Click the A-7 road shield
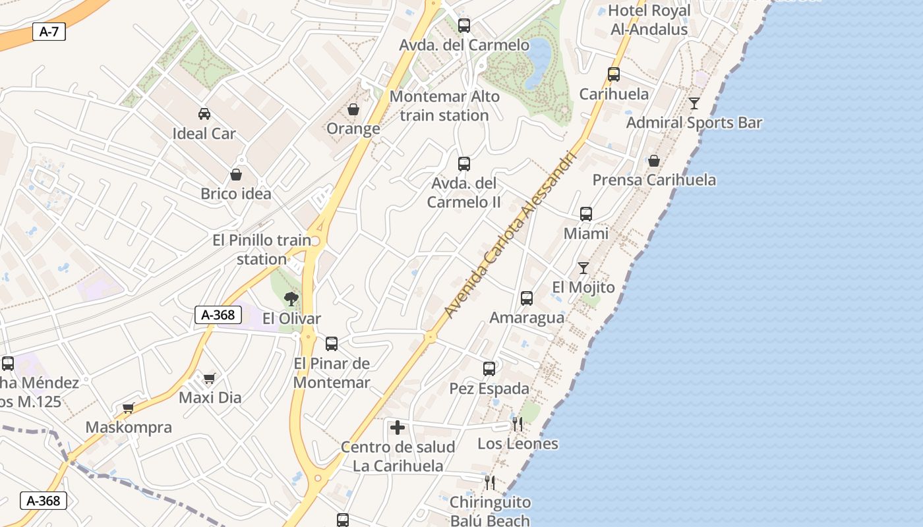coord(49,31)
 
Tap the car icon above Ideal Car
coord(204,113)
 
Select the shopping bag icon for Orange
coord(353,109)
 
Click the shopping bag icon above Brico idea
coord(236,175)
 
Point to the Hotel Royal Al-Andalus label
coord(649,20)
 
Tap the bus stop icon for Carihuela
coord(614,74)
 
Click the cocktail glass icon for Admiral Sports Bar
coord(694,103)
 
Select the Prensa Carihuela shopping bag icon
coord(654,161)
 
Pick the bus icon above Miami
coord(586,214)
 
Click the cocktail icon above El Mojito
coord(583,268)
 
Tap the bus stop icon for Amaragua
coord(527,298)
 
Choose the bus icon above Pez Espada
coord(489,369)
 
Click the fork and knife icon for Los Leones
coord(518,424)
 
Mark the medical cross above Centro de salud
coord(398,428)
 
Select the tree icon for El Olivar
coord(291,300)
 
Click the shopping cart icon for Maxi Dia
coord(210,378)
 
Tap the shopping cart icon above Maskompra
coord(129,408)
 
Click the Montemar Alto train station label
coord(444,105)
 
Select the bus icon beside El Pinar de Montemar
coord(332,344)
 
